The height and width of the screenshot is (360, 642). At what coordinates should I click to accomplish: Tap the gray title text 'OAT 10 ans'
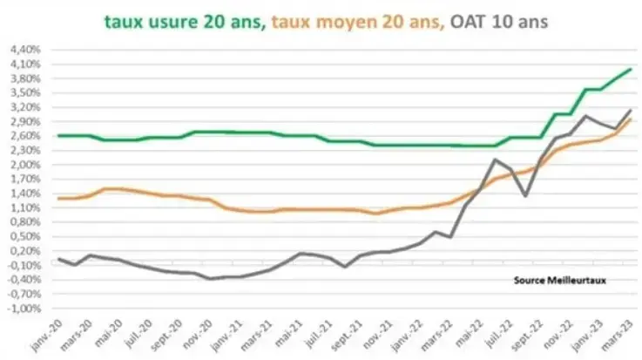click(x=499, y=21)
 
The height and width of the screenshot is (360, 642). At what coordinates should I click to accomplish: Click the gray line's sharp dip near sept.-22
click(x=525, y=196)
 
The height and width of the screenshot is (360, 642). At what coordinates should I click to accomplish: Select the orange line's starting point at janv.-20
click(x=58, y=199)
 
